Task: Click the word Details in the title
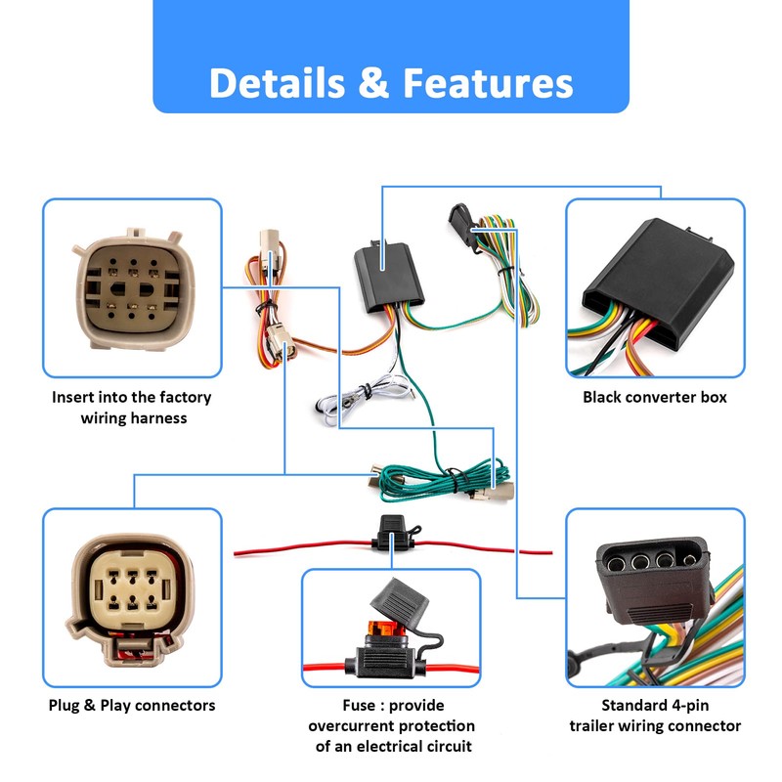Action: coord(278,83)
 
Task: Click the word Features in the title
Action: coord(488,83)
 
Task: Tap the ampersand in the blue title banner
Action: coord(373,83)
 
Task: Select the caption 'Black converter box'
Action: coord(654,397)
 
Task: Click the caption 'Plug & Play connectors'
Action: coord(132,705)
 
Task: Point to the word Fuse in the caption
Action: coord(359,705)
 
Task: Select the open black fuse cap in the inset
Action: coord(399,601)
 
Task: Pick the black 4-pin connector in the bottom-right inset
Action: coord(652,579)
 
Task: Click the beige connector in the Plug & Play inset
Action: coord(130,599)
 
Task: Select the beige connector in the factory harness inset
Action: coord(134,288)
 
